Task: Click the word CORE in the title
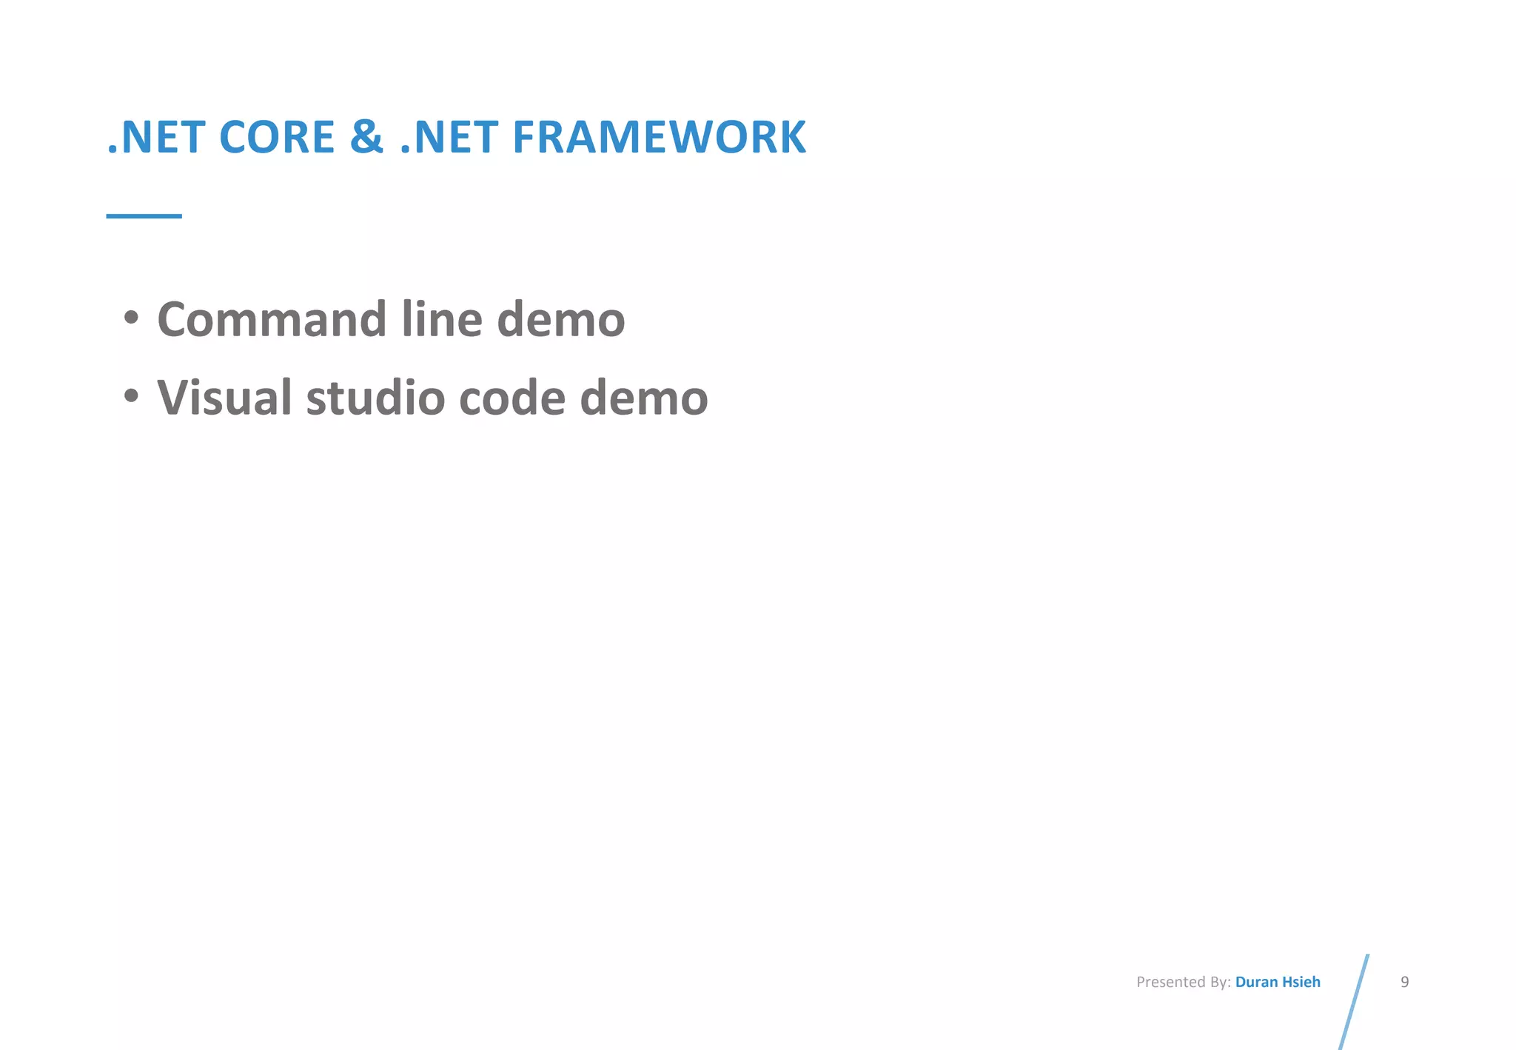(277, 138)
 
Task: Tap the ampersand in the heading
(367, 138)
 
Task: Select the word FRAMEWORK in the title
(659, 138)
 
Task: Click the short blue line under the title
(144, 216)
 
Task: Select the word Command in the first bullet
(272, 320)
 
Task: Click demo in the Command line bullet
(561, 320)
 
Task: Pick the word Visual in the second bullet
(224, 398)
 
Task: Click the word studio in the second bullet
(375, 398)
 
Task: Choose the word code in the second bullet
(512, 398)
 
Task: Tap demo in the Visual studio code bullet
(644, 398)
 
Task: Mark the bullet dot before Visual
(131, 396)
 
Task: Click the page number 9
(1404, 983)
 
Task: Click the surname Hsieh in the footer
(1301, 983)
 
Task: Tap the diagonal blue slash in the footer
(1354, 1001)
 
